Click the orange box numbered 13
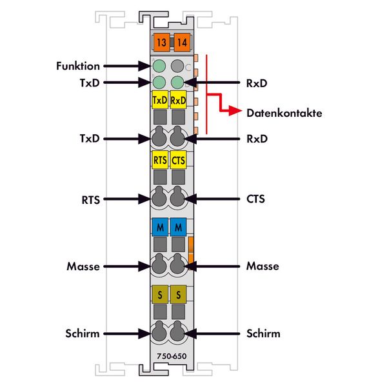coord(160,43)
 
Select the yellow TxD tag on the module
coord(159,100)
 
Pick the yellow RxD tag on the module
coord(179,100)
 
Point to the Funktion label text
coord(78,66)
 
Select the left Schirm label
coord(83,333)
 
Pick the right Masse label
coord(263,266)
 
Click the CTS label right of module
coord(256,199)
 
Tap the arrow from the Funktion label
coord(126,66)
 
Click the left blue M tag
coord(159,227)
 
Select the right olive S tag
coord(179,294)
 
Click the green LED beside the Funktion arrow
coord(159,66)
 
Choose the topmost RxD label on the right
coord(256,83)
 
